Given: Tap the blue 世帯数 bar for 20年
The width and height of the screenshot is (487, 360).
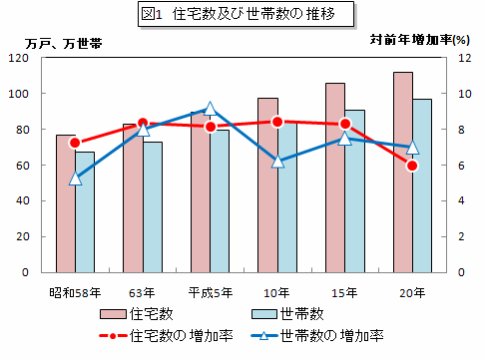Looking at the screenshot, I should point(422,184).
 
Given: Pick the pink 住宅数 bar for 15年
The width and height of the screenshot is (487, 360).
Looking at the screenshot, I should point(335,178).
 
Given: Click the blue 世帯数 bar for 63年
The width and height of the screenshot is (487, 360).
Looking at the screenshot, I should point(152,206).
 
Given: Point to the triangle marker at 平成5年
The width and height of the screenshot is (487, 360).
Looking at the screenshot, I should point(211,110).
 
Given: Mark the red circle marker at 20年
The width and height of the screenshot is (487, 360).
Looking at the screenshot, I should point(412,166).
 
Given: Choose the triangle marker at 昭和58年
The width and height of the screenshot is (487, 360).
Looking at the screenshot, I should point(75,178).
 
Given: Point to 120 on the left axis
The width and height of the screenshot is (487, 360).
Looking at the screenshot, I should point(20,58).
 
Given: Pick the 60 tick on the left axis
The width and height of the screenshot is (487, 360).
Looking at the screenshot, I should point(24,165).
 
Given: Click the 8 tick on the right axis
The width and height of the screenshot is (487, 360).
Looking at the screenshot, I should point(461,129).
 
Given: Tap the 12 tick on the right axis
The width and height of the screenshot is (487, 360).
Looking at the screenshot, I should point(464,58).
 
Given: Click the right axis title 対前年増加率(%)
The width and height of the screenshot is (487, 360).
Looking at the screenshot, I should point(425,40).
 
